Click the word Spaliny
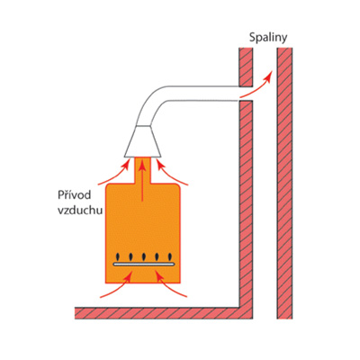(x=268, y=38)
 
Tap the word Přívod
(x=74, y=195)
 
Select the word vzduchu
(x=80, y=211)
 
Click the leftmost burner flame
(x=118, y=256)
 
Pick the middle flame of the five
(x=144, y=256)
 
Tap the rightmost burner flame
(x=170, y=256)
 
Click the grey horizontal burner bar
(x=144, y=264)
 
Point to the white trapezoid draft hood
(x=143, y=141)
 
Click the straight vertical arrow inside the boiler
(x=143, y=180)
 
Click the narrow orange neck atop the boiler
(x=143, y=170)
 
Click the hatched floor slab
(x=164, y=313)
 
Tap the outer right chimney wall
(x=284, y=183)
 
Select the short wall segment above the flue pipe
(x=246, y=67)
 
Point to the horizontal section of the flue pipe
(x=202, y=94)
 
